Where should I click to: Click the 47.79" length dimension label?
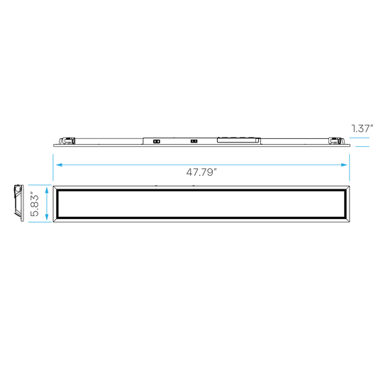201,172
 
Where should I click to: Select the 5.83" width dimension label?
35,205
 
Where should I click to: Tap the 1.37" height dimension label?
362,128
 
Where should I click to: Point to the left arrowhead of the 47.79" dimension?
59,165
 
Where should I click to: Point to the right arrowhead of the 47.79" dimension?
344,165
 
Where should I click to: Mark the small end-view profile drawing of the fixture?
19,204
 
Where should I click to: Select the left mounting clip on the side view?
67,141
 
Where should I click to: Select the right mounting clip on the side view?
337,141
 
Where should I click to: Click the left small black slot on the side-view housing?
156,141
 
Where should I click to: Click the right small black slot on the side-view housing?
194,141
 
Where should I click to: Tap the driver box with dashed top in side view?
238,140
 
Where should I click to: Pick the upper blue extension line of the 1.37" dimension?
360,138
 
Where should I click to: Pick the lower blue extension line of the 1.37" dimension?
362,147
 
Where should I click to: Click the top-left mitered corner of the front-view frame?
56,188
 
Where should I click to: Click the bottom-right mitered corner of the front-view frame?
347,220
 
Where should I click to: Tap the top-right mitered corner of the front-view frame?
347,188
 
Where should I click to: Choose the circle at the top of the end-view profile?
18,189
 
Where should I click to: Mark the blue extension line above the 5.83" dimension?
40,185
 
